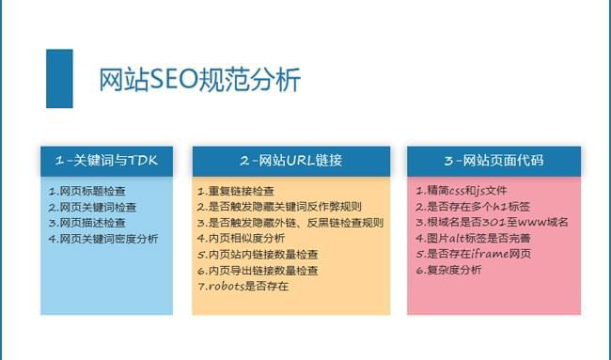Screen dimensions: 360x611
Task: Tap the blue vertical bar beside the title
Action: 59,78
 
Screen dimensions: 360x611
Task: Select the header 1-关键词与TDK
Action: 106,160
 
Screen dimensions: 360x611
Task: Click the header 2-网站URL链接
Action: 290,160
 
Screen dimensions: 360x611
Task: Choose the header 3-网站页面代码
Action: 493,160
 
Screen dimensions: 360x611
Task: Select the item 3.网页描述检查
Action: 86,223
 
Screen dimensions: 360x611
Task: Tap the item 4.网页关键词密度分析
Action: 103,239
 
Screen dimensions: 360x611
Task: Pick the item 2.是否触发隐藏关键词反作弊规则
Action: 279,207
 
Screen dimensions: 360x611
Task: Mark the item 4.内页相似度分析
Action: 243,239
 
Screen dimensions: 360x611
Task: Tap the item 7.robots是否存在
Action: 243,286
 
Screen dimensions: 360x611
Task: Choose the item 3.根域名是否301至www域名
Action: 492,223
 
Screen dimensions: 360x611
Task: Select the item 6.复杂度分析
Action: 448,271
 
